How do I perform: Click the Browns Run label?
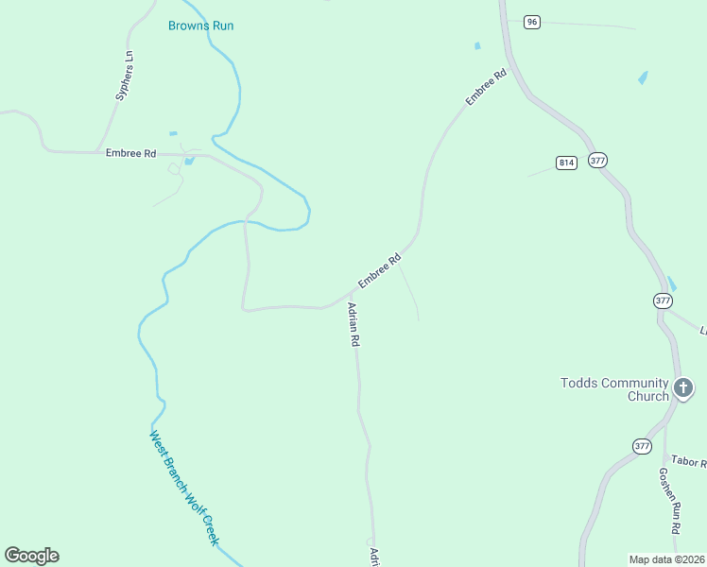(200, 26)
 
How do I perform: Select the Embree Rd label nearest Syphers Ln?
(130, 152)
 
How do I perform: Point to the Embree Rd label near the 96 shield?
(487, 86)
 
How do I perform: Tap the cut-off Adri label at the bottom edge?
(374, 557)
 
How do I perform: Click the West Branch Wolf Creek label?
(184, 487)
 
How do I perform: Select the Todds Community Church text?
(614, 389)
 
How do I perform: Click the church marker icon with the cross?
(683, 387)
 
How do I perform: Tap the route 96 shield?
(532, 22)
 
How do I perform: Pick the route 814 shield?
(566, 163)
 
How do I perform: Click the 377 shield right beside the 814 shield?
(597, 160)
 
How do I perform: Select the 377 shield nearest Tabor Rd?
(642, 445)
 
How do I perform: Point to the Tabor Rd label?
(689, 461)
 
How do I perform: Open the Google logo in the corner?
(31, 556)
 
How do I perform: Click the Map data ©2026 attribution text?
(667, 559)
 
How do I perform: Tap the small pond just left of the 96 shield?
(477, 45)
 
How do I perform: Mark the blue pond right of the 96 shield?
(643, 77)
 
